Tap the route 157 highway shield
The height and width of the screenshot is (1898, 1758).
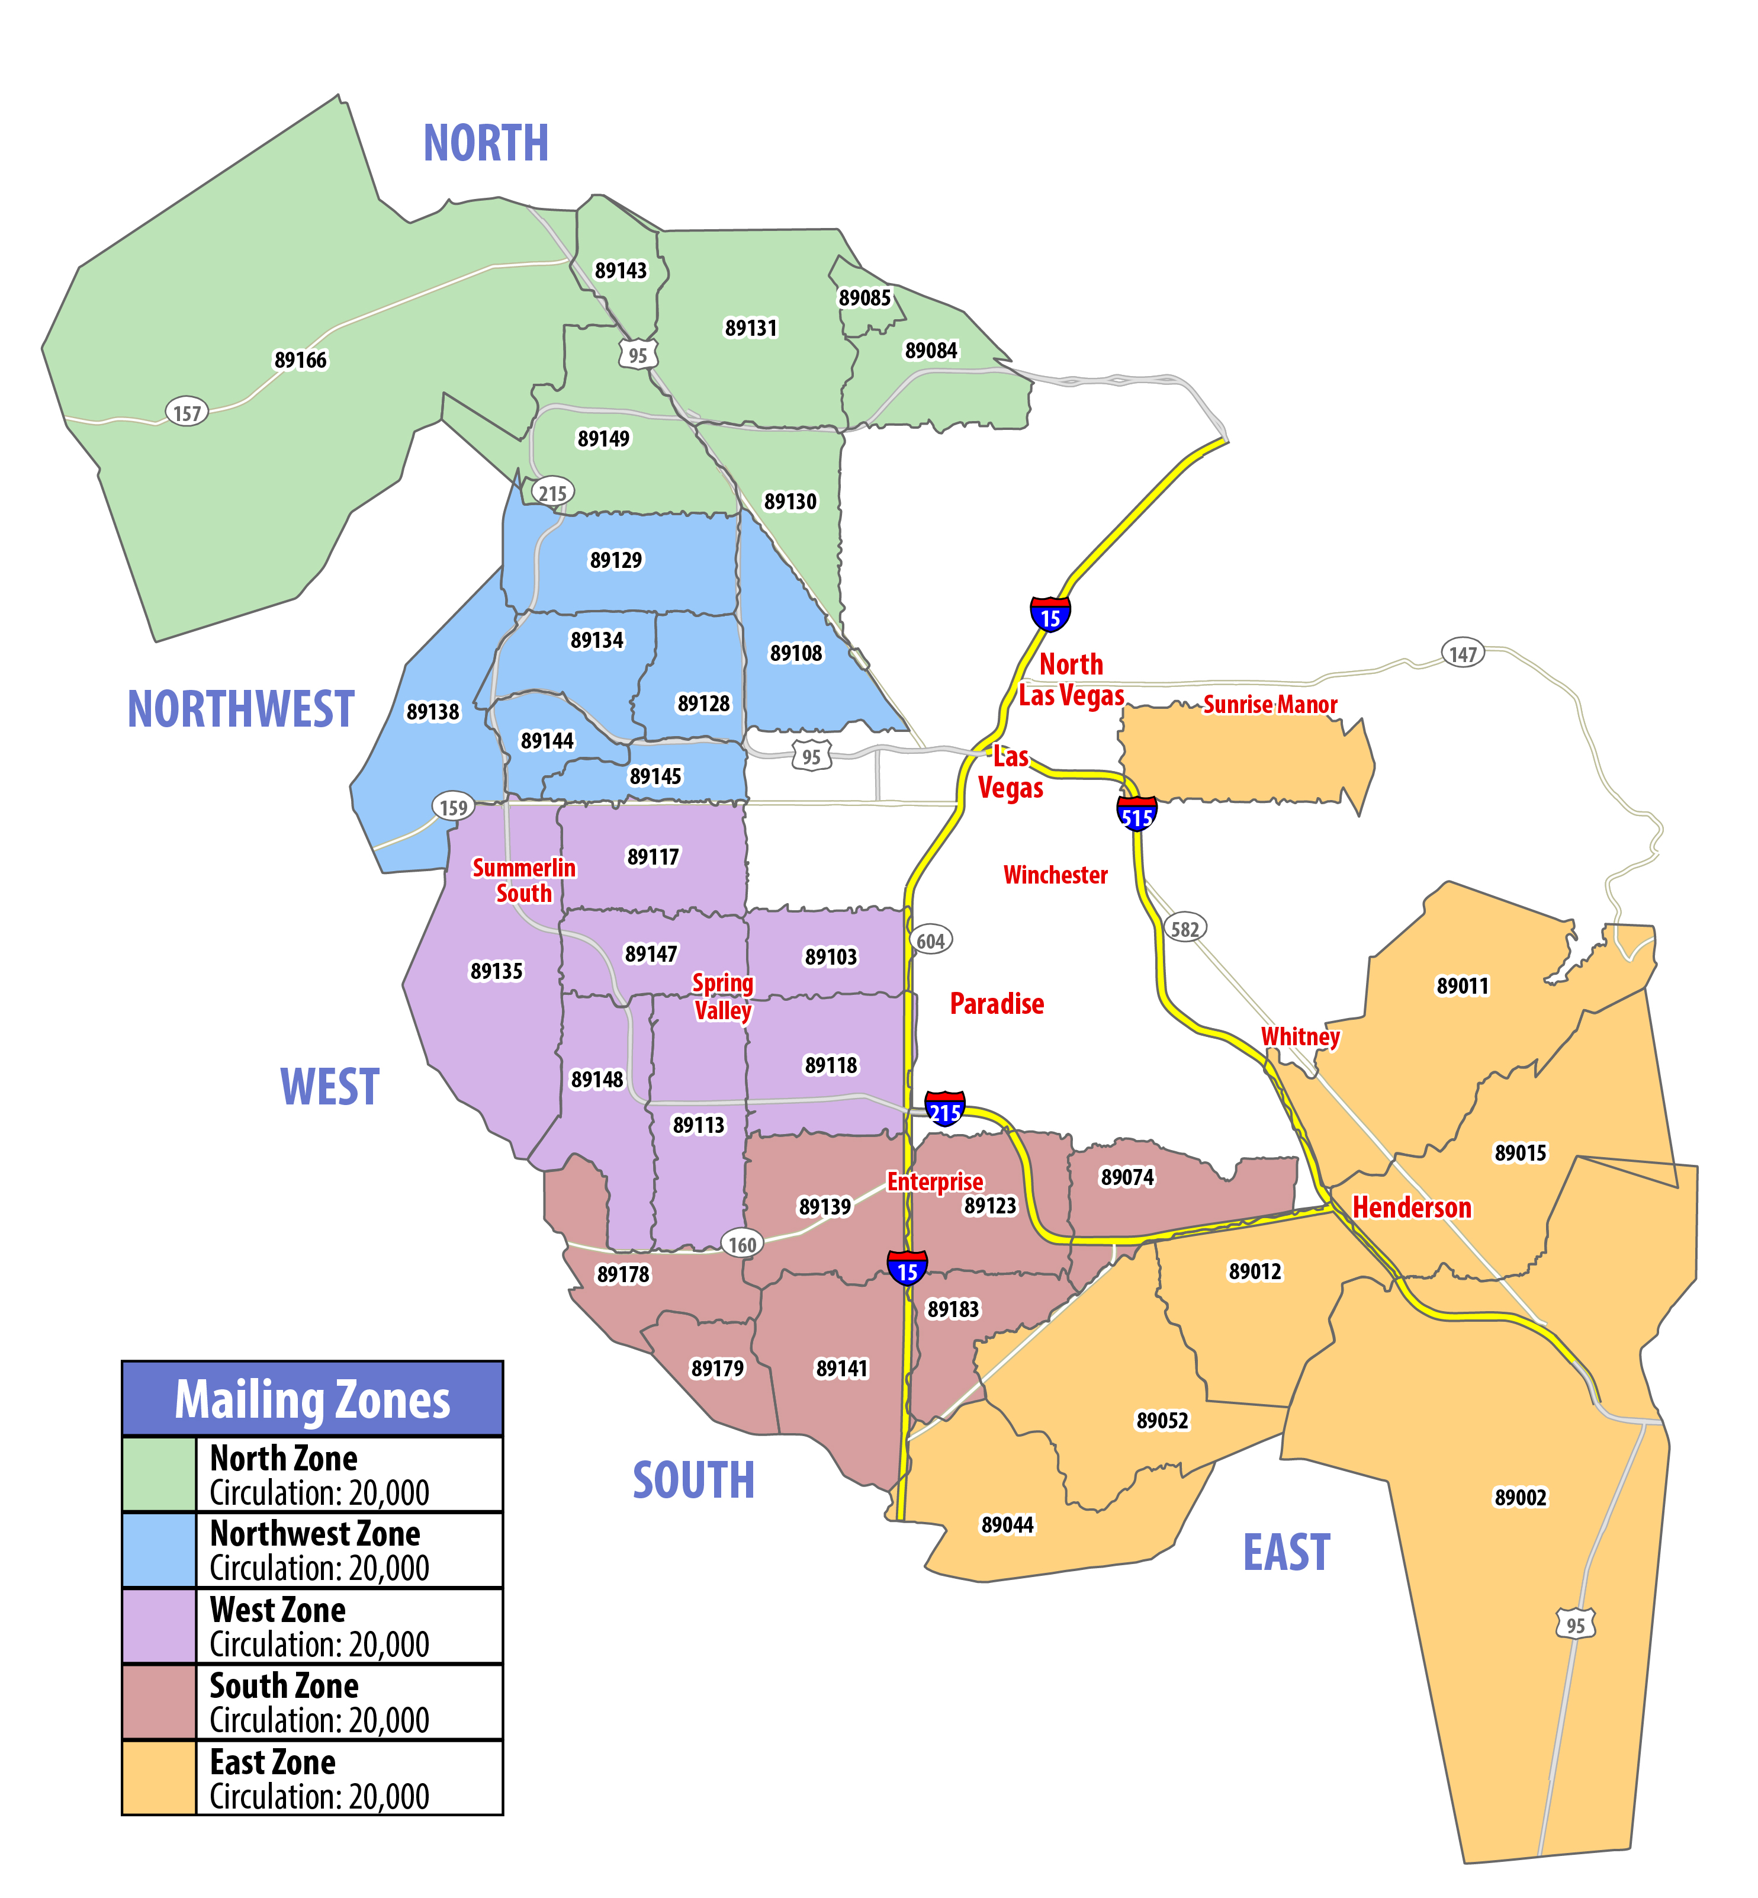tap(187, 413)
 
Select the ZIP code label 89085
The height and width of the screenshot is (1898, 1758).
tap(864, 298)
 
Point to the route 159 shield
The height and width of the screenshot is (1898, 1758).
tap(453, 807)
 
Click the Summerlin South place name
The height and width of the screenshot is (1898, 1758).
tap(523, 880)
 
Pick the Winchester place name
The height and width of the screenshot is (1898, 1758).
tap(1055, 874)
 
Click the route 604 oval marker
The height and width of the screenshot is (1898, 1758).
tap(930, 941)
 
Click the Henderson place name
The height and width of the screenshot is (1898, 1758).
tap(1412, 1207)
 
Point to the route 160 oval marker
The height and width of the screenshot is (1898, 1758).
tap(742, 1244)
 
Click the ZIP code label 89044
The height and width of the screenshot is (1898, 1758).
tap(1007, 1525)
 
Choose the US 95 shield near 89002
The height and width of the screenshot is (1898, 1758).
tap(1576, 1624)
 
